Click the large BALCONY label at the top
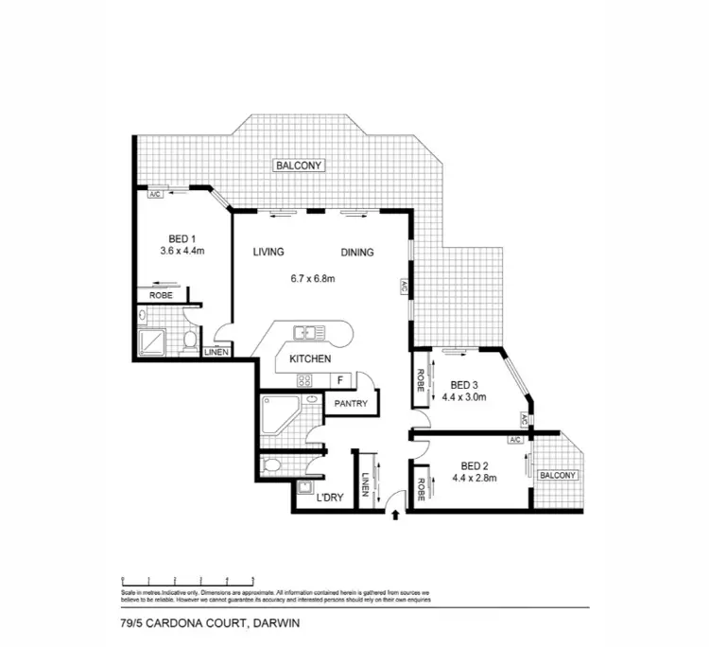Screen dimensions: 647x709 point(299,166)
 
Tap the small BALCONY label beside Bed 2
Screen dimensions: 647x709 point(556,476)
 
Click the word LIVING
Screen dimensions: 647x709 point(268,253)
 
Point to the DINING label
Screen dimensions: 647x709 point(357,253)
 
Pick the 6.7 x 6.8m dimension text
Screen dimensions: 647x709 point(313,278)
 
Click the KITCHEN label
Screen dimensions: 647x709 point(309,359)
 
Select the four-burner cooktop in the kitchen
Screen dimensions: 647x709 point(305,380)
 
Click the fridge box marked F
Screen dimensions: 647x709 point(340,380)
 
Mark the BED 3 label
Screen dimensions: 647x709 point(462,385)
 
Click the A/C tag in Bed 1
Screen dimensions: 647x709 point(156,194)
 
